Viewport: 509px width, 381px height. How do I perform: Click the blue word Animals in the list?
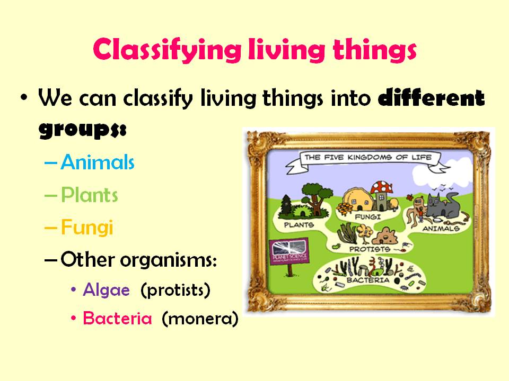[x=98, y=162]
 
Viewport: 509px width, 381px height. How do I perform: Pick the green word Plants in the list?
[x=89, y=195]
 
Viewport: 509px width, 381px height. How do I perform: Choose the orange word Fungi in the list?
[x=87, y=228]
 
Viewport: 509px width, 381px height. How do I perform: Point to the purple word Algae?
[x=106, y=290]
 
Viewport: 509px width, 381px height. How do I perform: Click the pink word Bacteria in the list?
[x=117, y=319]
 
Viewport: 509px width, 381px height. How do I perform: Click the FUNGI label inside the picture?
[x=366, y=217]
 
